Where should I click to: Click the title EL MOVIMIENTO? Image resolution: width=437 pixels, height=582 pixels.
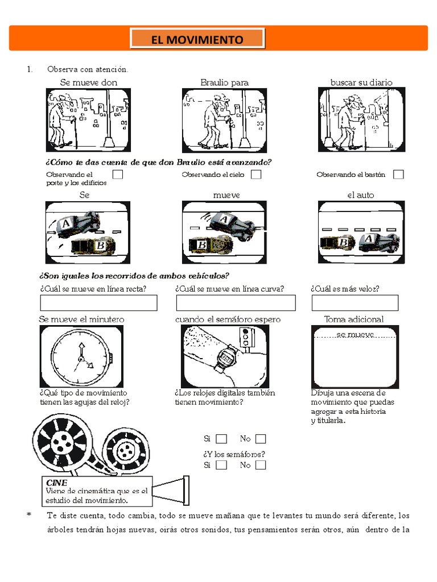click(197, 39)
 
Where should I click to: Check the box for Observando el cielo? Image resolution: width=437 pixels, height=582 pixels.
click(256, 174)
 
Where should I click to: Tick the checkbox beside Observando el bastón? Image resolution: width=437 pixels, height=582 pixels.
click(398, 174)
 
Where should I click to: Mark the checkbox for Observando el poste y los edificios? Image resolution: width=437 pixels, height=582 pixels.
click(118, 174)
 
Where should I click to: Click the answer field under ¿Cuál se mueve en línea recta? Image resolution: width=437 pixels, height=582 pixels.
click(98, 303)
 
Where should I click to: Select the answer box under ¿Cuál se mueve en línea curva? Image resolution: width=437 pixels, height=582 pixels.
click(236, 303)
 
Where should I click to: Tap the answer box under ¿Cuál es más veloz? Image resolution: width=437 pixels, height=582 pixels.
click(354, 303)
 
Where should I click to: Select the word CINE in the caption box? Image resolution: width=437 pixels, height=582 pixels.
click(56, 483)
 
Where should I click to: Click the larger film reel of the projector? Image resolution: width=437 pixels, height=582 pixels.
click(61, 440)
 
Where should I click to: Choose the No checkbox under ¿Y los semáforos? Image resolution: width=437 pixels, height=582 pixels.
click(261, 465)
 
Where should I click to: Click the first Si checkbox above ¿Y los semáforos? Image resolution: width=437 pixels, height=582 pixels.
click(221, 439)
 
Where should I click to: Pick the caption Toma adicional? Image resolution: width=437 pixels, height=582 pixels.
click(353, 319)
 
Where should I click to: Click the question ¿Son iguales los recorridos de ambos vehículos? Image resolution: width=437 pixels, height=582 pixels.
click(134, 276)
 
